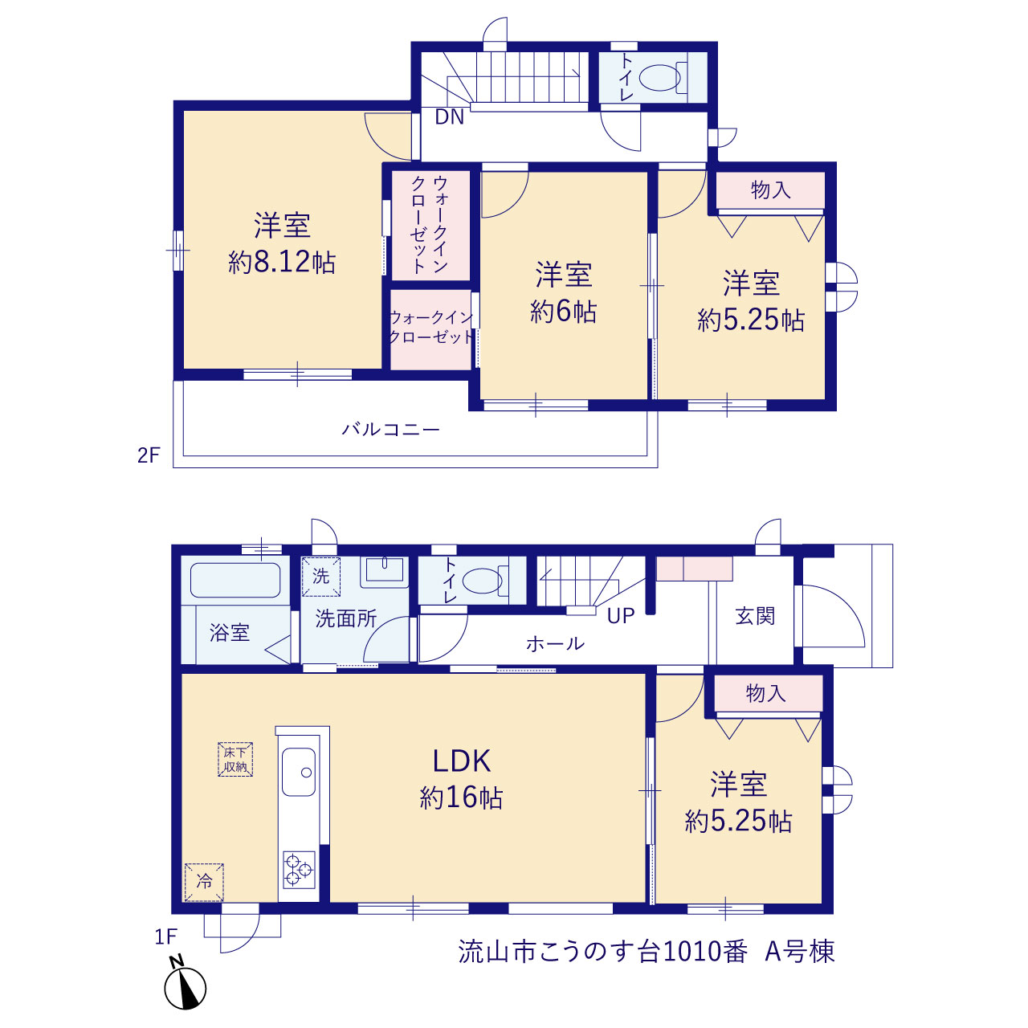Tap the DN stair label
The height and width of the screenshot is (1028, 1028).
(x=449, y=116)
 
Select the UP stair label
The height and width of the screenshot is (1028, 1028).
(x=621, y=616)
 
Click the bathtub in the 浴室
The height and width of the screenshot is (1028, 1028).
(x=235, y=581)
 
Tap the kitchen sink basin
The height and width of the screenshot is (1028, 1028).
(x=298, y=771)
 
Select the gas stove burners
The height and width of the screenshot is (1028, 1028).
(x=299, y=870)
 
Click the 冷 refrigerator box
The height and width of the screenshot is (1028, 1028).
(x=204, y=883)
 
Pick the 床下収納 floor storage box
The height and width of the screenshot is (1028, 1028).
(x=235, y=759)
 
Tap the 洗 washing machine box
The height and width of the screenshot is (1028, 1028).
(x=321, y=576)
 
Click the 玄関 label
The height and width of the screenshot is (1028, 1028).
(x=755, y=616)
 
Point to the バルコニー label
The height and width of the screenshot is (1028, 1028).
(x=391, y=429)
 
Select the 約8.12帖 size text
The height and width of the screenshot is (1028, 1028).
(x=282, y=263)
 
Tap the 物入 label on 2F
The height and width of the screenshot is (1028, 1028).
(x=770, y=190)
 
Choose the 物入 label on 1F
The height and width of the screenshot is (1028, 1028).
(x=765, y=694)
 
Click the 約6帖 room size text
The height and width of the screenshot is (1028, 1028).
(x=563, y=311)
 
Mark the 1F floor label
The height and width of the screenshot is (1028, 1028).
(x=165, y=936)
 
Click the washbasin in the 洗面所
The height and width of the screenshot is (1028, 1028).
(x=384, y=571)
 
